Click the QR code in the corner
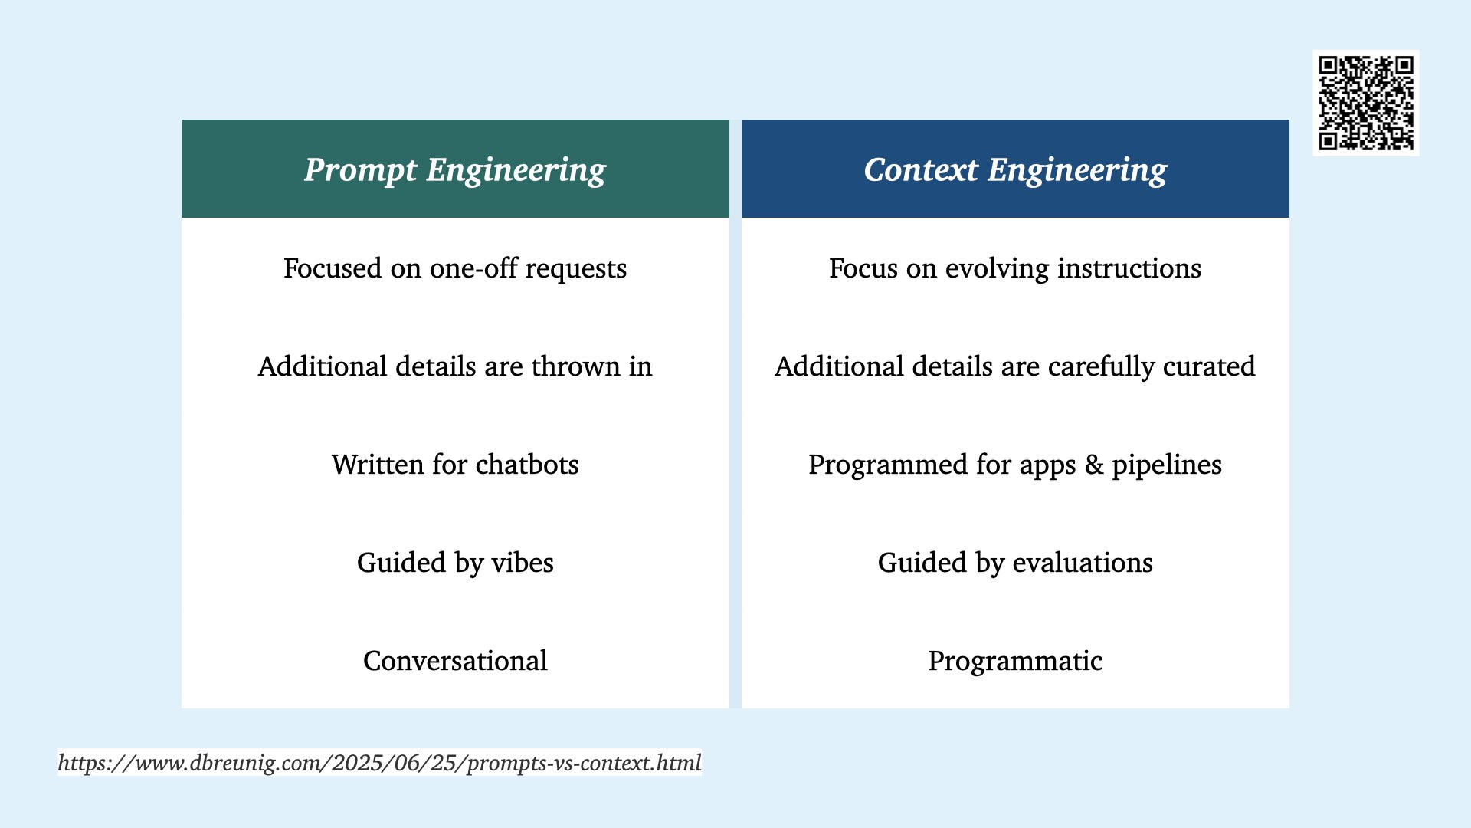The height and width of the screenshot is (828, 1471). [x=1366, y=103]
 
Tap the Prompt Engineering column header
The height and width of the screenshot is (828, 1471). [x=455, y=169]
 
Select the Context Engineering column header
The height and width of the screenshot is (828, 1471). [x=1015, y=169]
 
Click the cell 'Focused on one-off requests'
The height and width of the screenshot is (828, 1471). [x=455, y=268]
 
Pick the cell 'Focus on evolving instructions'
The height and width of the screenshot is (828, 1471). [x=1015, y=268]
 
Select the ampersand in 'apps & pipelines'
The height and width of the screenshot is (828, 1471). [x=1094, y=465]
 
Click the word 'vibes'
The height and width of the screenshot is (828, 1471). [x=523, y=563]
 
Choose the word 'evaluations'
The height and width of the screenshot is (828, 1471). [x=1083, y=563]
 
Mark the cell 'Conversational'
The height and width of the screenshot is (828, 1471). [x=455, y=661]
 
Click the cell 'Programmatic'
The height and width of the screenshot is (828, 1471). [x=1015, y=662]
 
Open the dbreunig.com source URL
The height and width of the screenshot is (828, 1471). [x=380, y=763]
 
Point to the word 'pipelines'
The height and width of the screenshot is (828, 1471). [x=1167, y=465]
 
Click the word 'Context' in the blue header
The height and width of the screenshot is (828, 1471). [x=922, y=169]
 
